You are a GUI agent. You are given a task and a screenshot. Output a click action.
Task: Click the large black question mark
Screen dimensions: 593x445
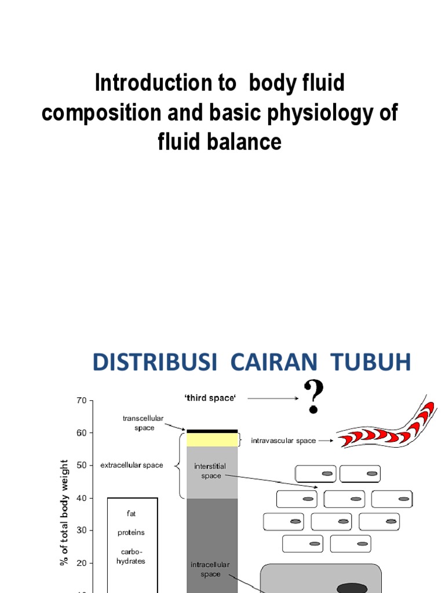click(314, 397)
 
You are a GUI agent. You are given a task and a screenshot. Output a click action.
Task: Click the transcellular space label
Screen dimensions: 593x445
click(143, 423)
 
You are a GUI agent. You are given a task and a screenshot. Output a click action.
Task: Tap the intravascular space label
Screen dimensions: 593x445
click(283, 441)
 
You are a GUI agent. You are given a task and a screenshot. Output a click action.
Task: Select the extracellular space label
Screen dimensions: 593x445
click(132, 465)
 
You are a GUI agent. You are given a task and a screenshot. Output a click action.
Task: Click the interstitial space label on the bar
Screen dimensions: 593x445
click(210, 471)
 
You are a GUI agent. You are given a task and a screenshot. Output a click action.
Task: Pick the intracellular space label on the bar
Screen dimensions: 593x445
click(210, 569)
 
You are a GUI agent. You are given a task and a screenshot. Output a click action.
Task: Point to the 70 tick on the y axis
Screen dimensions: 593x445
click(81, 401)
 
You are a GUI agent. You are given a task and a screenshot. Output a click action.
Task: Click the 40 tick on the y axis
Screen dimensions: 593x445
click(81, 498)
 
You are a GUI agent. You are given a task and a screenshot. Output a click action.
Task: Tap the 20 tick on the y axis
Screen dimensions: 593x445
click(81, 563)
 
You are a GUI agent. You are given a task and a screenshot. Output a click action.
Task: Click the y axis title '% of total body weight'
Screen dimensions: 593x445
click(64, 513)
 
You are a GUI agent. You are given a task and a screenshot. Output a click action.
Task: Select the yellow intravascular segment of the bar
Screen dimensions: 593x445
click(212, 440)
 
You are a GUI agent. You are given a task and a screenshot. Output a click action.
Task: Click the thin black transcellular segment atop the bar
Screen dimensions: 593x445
click(212, 431)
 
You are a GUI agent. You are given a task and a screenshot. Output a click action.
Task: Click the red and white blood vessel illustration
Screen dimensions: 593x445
click(386, 427)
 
